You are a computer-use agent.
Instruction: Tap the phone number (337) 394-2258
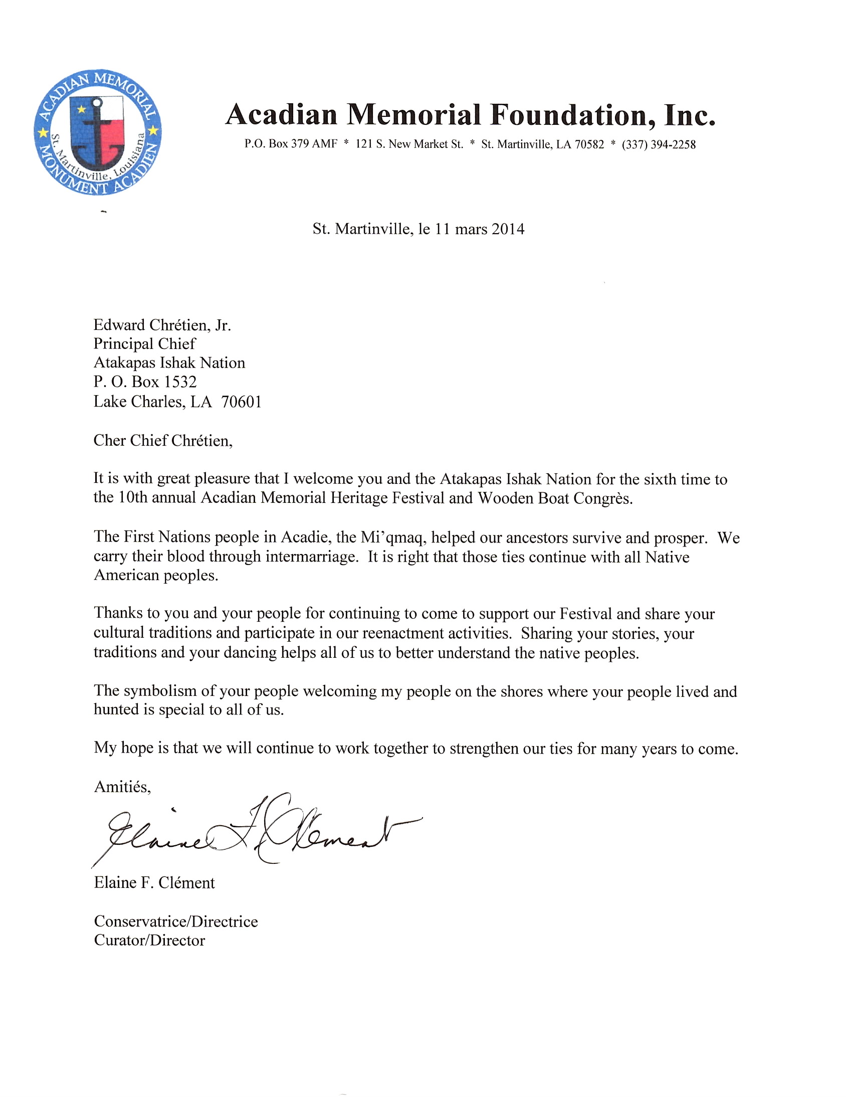(658, 145)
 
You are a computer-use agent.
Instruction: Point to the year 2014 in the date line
(508, 229)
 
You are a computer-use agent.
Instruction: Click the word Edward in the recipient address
(119, 325)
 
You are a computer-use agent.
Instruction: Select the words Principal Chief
(144, 344)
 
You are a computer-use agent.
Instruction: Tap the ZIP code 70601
(241, 402)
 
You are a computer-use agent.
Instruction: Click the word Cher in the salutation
(109, 441)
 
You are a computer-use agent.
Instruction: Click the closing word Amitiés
(122, 787)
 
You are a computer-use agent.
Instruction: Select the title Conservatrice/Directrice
(176, 921)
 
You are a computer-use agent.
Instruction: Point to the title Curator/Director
(149, 940)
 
